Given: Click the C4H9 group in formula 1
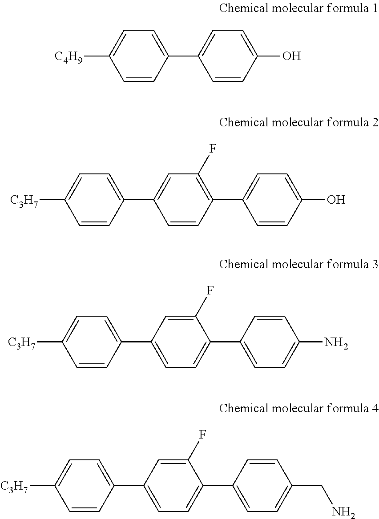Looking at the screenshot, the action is coord(68,56).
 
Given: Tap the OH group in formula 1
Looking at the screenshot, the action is coord(291,56).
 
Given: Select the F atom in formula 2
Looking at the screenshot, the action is coord(212,149).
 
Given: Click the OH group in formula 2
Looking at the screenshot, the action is coord(336,200).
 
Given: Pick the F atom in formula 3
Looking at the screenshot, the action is coord(210,291).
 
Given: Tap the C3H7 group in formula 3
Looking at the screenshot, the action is coord(22,343).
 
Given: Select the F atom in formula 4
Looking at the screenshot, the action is coord(202,434).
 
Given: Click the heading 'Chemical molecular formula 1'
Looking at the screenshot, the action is coord(298,8).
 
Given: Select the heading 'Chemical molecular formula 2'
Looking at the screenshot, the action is coord(298,122).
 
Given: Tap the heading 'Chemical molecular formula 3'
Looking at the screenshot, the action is coord(298,264).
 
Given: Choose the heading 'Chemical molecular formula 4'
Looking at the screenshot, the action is coord(298,408).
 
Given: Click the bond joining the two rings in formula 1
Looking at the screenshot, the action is coord(183,56).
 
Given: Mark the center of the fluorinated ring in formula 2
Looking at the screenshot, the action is coord(183,200).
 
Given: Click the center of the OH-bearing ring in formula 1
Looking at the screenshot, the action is coord(227,56).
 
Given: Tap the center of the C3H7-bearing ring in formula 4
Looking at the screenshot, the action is coord(85,486).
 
